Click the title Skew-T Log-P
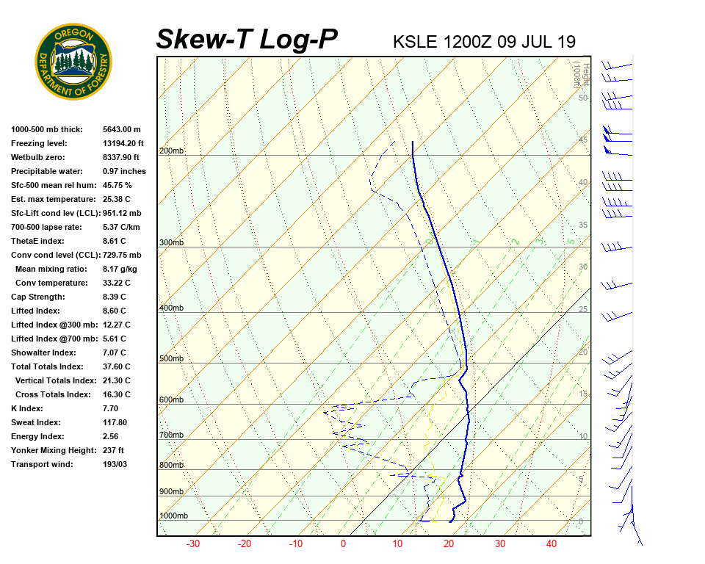247,39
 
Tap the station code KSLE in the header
416,42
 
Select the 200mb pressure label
171,151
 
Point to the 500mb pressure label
171,358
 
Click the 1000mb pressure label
173,516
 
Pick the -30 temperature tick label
193,544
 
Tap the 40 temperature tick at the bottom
552,544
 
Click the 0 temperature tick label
343,544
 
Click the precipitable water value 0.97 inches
124,171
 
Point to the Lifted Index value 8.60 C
116,311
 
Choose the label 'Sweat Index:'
36,422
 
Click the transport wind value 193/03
115,464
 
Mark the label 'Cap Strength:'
38,297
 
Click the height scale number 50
583,98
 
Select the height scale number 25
583,309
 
